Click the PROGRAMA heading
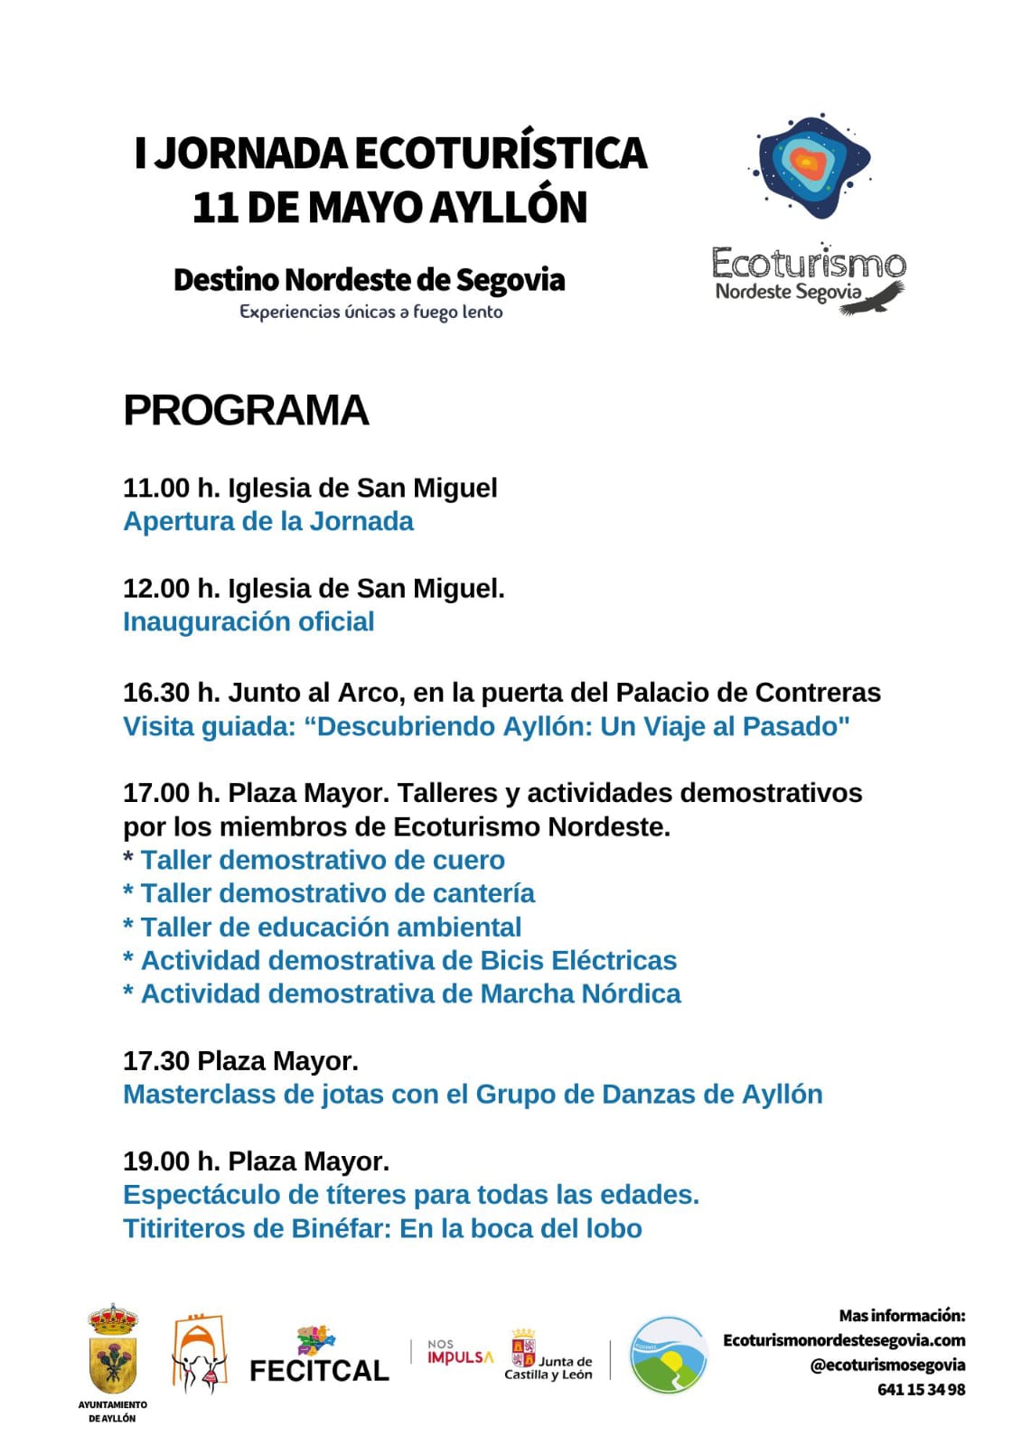[246, 411]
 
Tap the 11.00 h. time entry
[171, 489]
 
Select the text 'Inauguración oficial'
[248, 622]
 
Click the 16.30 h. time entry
[171, 693]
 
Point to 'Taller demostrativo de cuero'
[323, 861]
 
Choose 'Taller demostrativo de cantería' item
[337, 894]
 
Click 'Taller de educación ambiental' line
[331, 928]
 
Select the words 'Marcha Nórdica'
[580, 994]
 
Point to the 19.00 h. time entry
[171, 1161]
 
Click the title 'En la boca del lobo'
[520, 1229]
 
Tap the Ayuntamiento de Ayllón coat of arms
[113, 1351]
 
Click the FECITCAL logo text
[319, 1371]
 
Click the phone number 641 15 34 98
[921, 1390]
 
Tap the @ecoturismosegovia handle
[887, 1366]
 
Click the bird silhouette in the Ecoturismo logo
[874, 298]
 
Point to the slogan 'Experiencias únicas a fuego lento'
[370, 312]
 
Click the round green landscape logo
[668, 1355]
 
